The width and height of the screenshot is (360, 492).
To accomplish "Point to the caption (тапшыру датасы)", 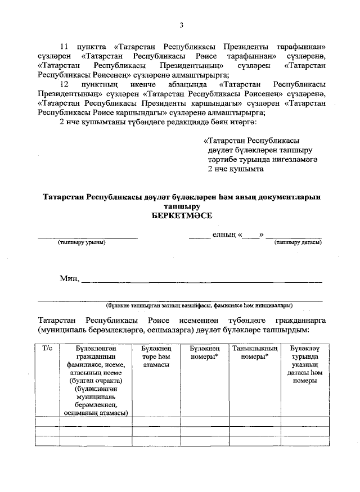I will pyautogui.click(x=298, y=242).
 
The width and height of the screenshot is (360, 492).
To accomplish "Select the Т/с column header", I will pyautogui.click(x=47, y=349).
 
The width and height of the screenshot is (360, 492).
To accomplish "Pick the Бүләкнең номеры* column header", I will pyautogui.click(x=204, y=353).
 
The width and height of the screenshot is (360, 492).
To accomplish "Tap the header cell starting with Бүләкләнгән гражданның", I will pyautogui.click(x=95, y=380).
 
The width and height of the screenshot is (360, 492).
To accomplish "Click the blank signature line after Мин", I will pyautogui.click(x=202, y=281).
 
